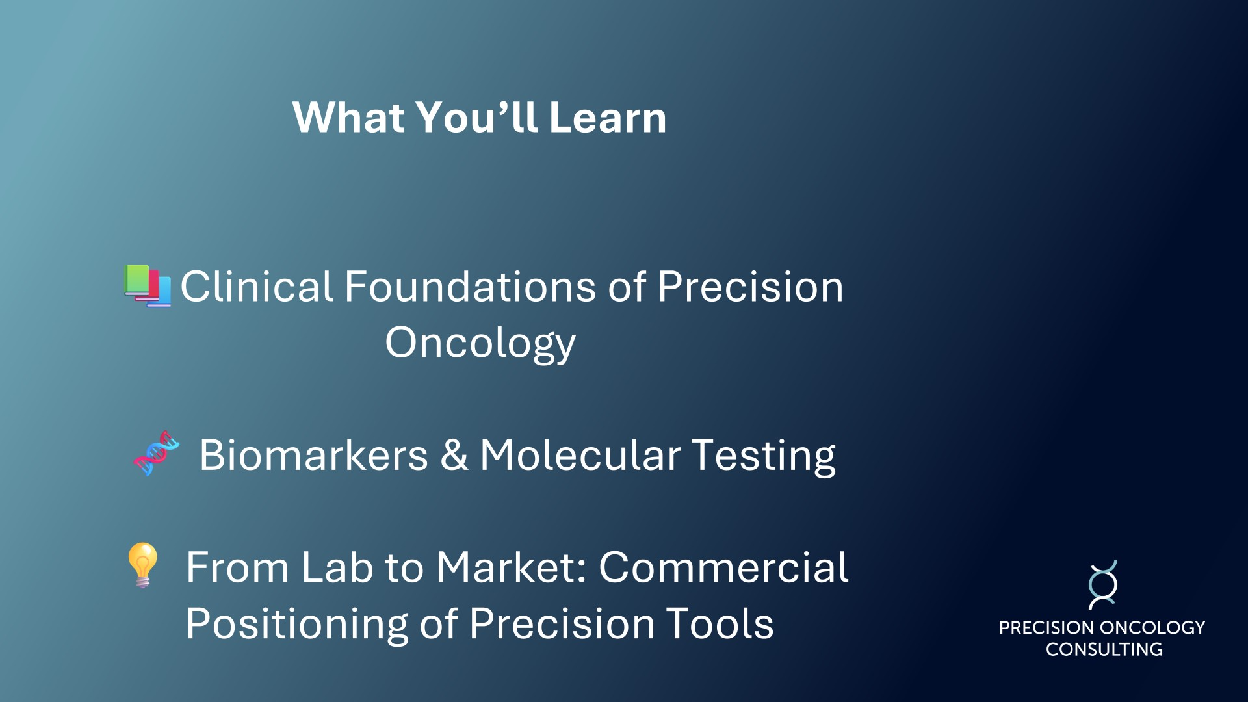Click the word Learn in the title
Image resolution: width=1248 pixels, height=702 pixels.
click(608, 118)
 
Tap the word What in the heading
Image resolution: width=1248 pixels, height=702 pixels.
click(349, 118)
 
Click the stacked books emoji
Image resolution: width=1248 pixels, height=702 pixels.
click(148, 285)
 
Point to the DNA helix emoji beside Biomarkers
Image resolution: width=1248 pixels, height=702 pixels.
click(157, 453)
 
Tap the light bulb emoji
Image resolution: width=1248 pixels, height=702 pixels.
click(143, 565)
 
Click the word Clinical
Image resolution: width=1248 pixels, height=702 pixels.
click(257, 287)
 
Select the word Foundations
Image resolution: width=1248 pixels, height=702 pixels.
click(470, 287)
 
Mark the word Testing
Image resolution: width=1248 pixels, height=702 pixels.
click(764, 457)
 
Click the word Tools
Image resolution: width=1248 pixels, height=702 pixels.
click(720, 623)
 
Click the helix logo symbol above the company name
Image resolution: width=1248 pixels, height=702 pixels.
click(1103, 585)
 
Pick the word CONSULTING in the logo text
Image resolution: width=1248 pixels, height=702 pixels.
click(1104, 649)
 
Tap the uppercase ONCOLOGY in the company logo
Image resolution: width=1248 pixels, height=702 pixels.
click(1153, 628)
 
